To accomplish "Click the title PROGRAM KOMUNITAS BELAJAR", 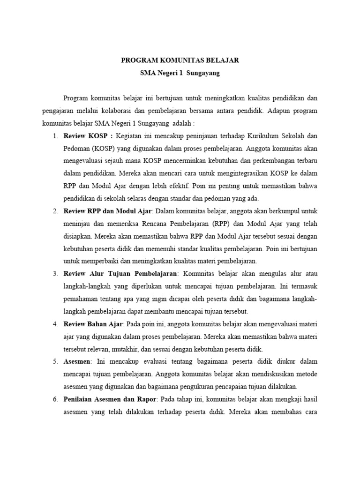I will click(180, 60).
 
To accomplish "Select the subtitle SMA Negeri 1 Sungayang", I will click(180, 74).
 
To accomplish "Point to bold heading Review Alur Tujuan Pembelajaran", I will click(120, 273).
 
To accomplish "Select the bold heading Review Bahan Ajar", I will click(93, 324).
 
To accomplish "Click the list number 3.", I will click(55, 273).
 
